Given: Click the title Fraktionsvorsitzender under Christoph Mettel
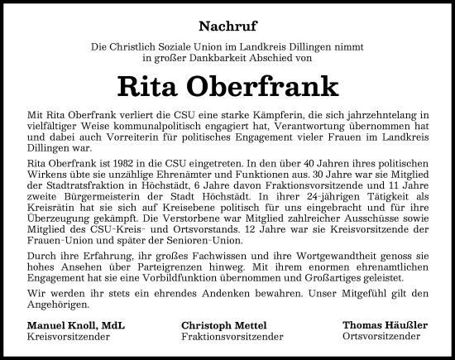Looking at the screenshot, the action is [232, 338].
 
